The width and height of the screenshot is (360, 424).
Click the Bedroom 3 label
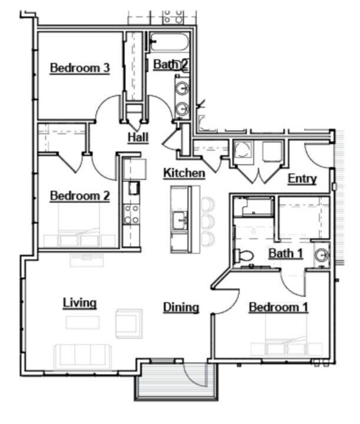(80, 68)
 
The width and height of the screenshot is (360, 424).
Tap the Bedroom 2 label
(80, 196)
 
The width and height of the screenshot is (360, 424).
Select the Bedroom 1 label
(278, 307)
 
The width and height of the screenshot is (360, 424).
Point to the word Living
(80, 303)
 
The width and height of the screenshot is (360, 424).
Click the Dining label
(181, 307)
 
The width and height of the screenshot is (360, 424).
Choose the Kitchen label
(184, 173)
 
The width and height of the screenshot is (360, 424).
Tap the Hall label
(138, 138)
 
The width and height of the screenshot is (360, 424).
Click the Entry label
(302, 179)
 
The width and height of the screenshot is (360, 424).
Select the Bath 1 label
(286, 253)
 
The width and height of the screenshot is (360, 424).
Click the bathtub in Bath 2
(168, 42)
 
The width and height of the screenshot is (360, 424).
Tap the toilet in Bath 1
(243, 256)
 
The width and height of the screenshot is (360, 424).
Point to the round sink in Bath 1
(321, 255)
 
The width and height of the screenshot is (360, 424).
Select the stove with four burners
(131, 214)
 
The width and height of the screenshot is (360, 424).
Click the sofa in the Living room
(82, 356)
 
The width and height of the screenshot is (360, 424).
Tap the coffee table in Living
(82, 323)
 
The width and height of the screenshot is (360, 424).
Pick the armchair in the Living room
(128, 323)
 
